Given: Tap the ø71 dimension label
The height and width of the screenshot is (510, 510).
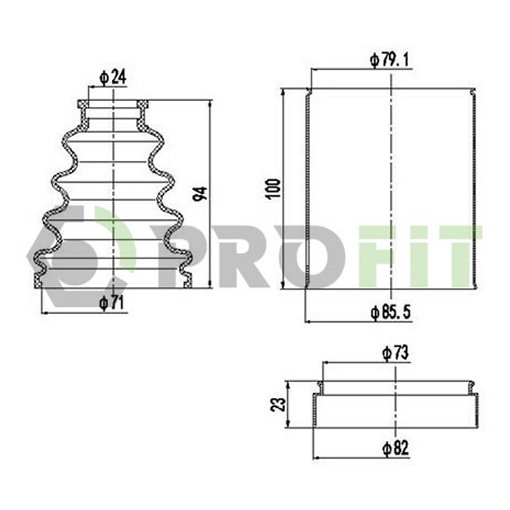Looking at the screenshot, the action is tap(111, 303).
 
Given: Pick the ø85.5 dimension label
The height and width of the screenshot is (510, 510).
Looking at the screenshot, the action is tap(391, 313).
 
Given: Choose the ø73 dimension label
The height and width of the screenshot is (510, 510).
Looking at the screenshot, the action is tap(396, 354).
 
